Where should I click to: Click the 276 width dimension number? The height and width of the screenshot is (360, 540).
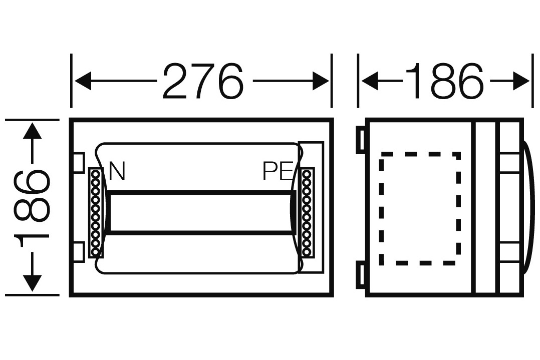click(203, 81)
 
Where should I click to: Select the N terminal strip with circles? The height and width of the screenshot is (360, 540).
click(96, 213)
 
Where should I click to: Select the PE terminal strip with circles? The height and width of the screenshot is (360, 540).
click(307, 213)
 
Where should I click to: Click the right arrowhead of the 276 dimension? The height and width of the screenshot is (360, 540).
click(321, 81)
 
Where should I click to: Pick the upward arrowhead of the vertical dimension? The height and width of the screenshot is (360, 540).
click(32, 131)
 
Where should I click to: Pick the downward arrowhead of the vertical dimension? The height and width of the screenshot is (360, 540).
click(32, 283)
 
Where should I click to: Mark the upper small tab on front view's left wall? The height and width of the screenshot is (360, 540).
click(79, 162)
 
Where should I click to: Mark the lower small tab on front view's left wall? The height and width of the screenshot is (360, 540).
click(79, 252)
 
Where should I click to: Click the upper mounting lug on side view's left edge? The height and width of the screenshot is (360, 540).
click(361, 140)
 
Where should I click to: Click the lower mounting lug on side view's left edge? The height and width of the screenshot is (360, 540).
click(361, 275)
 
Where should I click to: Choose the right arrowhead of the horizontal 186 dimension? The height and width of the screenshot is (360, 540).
click(521, 81)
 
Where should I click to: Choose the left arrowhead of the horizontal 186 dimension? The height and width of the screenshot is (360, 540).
click(370, 81)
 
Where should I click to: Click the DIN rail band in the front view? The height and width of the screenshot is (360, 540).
click(200, 213)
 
